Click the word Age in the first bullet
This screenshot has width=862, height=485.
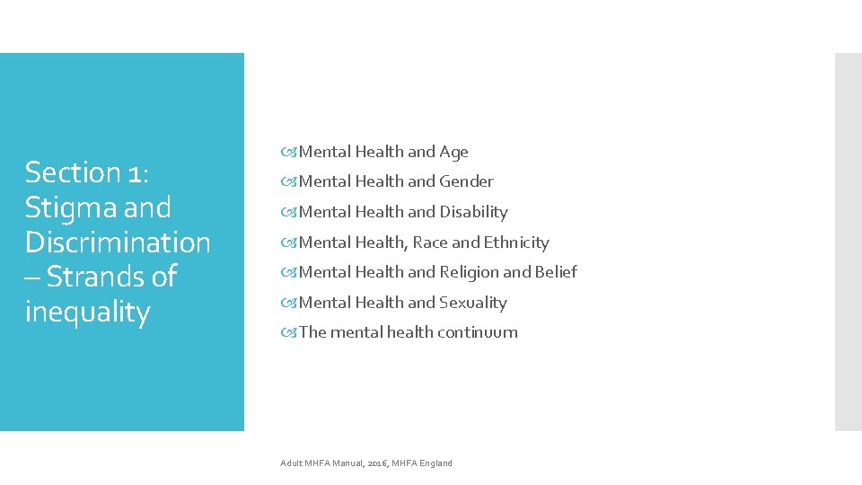(x=453, y=153)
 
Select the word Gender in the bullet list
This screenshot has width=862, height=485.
(x=466, y=181)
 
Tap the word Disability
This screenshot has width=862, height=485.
(x=473, y=212)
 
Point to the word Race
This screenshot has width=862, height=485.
(x=430, y=242)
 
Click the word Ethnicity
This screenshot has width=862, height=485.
(x=516, y=242)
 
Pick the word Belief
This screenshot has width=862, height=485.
(x=556, y=272)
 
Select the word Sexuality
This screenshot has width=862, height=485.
(x=473, y=303)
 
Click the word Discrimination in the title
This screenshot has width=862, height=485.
(x=118, y=242)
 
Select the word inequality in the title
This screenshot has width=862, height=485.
(x=87, y=312)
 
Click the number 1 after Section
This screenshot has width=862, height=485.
(x=138, y=172)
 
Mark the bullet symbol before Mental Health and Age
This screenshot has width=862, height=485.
(x=289, y=153)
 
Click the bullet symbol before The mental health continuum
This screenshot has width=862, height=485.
(x=289, y=332)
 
